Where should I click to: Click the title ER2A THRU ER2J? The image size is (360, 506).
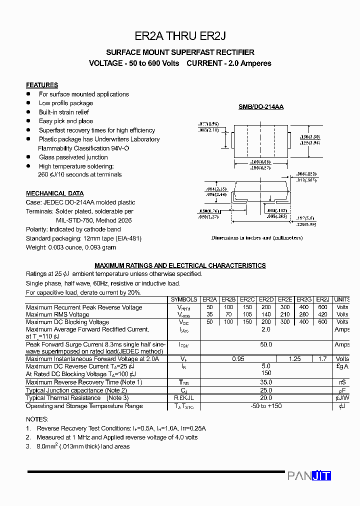[180, 36]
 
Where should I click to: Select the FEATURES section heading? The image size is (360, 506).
[42, 85]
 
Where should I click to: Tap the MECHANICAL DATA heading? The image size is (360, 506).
[54, 193]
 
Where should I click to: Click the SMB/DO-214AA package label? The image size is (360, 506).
[260, 107]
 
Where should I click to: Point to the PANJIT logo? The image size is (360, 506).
[309, 475]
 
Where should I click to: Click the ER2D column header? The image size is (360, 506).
[266, 299]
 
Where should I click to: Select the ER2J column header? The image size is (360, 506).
[323, 299]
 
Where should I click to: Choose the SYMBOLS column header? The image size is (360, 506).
[184, 299]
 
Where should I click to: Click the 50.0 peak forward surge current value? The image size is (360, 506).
[266, 344]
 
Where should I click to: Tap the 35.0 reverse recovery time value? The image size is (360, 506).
[266, 382]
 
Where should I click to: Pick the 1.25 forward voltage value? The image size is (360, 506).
[294, 359]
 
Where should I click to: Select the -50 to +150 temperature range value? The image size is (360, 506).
[266, 406]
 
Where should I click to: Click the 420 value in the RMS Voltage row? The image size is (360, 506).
[323, 314]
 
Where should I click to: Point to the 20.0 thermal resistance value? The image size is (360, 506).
[266, 398]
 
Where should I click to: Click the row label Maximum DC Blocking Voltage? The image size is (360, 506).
[67, 322]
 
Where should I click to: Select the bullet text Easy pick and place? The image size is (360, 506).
[66, 121]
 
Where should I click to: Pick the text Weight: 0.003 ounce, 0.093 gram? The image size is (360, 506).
[71, 247]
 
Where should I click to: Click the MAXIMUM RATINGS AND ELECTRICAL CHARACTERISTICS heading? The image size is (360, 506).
[180, 265]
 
